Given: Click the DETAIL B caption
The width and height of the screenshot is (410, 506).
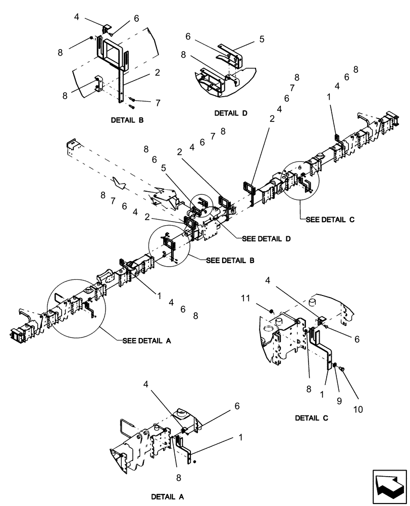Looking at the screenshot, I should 127,120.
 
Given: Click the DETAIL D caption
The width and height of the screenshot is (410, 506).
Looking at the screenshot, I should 230,113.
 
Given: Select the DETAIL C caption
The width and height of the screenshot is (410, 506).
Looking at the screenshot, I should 312,418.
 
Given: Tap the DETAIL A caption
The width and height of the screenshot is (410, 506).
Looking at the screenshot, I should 168,497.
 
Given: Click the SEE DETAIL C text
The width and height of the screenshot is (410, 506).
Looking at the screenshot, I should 330,220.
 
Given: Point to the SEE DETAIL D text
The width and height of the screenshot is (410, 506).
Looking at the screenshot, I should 267,238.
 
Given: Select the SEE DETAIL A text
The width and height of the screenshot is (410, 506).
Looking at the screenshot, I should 146,341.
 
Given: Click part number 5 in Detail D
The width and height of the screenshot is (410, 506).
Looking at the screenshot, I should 262,38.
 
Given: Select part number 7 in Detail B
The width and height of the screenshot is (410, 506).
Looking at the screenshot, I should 158,103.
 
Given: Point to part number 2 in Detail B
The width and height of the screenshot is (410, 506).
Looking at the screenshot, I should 158,73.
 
